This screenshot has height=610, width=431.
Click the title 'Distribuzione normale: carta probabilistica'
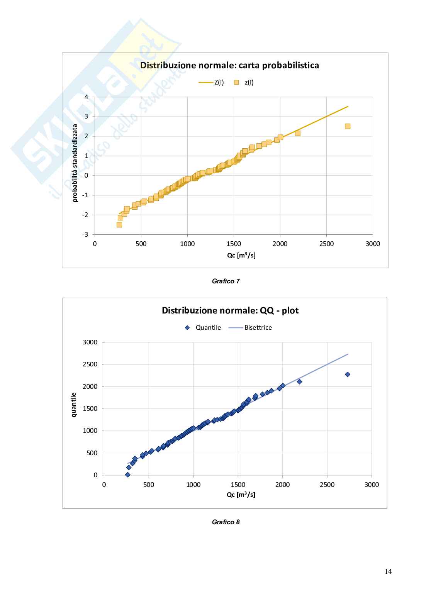(x=229, y=65)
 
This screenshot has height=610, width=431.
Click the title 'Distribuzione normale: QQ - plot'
(x=230, y=310)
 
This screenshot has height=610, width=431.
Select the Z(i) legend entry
(x=211, y=82)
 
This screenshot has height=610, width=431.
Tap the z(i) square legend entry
(x=244, y=82)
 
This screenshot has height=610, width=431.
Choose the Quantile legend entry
(x=203, y=327)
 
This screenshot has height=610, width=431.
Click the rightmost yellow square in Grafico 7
(x=348, y=126)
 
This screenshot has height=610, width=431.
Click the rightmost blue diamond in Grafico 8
(x=348, y=374)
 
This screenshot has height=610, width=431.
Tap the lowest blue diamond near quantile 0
(x=128, y=474)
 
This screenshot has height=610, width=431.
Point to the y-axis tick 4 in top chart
(x=87, y=97)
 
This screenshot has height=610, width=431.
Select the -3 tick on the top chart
(x=85, y=234)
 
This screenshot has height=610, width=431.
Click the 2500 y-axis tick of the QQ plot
(x=90, y=364)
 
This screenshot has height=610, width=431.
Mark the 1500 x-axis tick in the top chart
(x=234, y=244)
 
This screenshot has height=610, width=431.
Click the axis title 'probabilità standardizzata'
(x=75, y=163)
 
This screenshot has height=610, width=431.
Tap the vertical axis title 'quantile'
(x=74, y=405)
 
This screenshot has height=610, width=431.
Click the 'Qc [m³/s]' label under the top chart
(x=241, y=255)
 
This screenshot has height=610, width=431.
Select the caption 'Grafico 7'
(x=226, y=281)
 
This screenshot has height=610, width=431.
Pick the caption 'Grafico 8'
(x=226, y=522)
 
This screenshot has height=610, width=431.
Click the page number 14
(x=388, y=571)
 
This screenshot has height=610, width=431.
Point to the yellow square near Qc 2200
(x=297, y=133)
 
